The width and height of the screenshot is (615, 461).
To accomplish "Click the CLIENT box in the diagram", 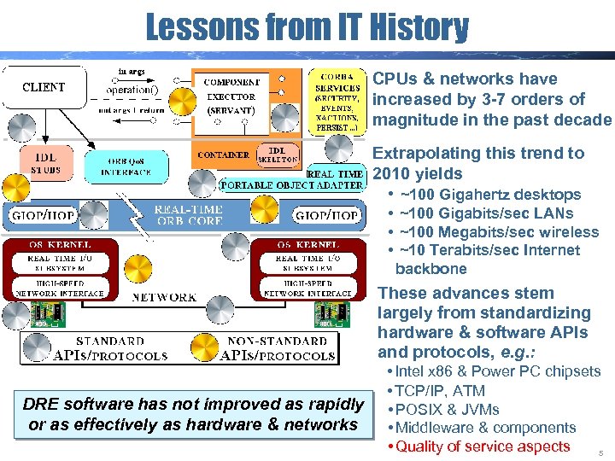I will click(x=44, y=87).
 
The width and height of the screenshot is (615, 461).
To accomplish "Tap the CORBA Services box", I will click(x=338, y=100).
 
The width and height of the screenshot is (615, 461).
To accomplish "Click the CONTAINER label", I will click(x=222, y=155).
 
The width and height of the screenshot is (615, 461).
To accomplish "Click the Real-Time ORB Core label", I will click(x=190, y=214).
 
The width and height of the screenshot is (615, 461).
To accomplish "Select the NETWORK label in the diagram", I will click(x=164, y=297).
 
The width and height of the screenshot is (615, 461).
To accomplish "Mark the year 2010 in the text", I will click(x=392, y=174).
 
